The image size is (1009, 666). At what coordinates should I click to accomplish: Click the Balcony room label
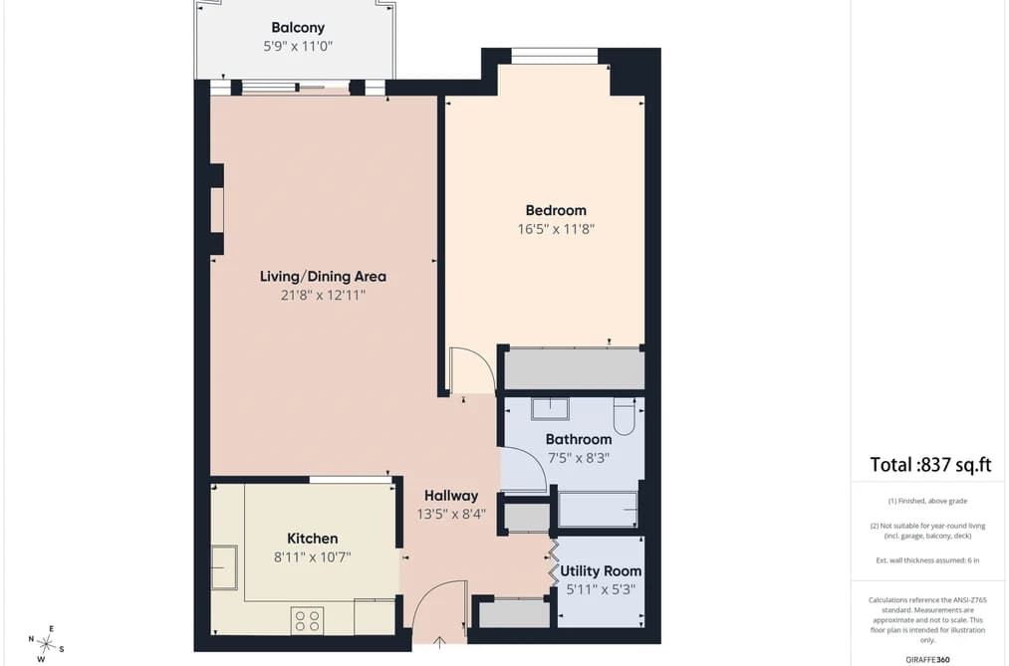[298, 28]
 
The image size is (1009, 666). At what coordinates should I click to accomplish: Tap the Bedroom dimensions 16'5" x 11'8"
[556, 229]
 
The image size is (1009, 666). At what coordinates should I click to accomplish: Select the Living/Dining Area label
[323, 277]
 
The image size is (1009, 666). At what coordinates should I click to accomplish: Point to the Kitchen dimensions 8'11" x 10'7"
[312, 556]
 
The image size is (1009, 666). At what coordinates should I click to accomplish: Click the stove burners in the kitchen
[307, 620]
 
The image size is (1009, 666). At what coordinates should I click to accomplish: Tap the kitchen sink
[224, 567]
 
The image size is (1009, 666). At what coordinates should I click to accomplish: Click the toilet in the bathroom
[625, 416]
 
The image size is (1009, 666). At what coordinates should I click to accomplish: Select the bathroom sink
[550, 409]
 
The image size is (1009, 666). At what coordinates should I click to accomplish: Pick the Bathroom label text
[579, 440]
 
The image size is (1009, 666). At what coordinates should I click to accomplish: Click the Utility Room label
[601, 570]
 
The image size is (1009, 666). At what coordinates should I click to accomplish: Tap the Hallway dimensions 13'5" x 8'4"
[451, 515]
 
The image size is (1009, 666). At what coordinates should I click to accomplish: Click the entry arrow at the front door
[440, 641]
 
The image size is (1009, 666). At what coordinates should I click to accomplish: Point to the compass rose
[46, 643]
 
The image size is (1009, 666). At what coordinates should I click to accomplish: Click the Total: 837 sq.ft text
[930, 465]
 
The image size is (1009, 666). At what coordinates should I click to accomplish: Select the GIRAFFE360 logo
[927, 660]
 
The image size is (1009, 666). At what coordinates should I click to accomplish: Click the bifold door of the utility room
[553, 561]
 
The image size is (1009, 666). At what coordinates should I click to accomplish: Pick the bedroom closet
[574, 369]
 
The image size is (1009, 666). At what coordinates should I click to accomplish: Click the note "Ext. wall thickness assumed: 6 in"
[927, 560]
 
